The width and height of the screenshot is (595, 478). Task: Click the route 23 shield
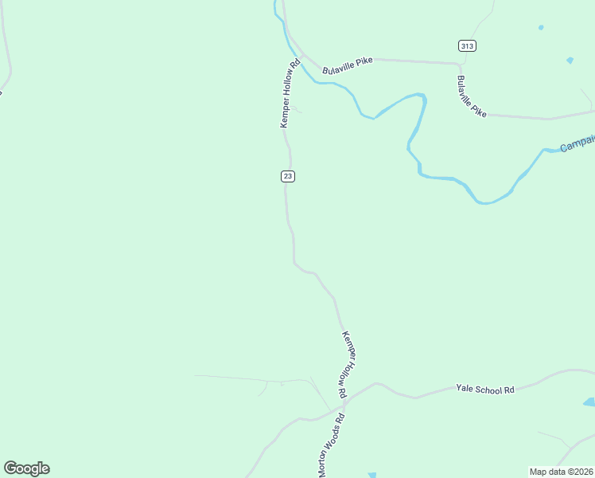click(288, 176)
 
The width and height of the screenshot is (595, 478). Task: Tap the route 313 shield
click(467, 45)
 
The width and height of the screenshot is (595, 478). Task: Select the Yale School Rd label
click(485, 389)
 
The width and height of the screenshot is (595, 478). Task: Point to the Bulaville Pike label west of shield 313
click(348, 65)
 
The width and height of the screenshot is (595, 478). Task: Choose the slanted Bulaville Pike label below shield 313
click(471, 96)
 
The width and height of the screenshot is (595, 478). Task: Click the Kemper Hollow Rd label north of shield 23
click(290, 92)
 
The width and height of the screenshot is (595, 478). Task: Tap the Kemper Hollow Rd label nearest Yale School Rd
click(344, 364)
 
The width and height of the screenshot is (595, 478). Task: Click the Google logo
click(26, 468)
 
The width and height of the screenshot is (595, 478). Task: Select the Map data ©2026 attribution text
click(561, 472)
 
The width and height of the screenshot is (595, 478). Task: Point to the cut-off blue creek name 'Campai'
click(577, 144)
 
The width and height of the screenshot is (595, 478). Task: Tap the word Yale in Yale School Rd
click(465, 389)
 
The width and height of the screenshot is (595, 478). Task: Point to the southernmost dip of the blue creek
click(486, 202)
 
